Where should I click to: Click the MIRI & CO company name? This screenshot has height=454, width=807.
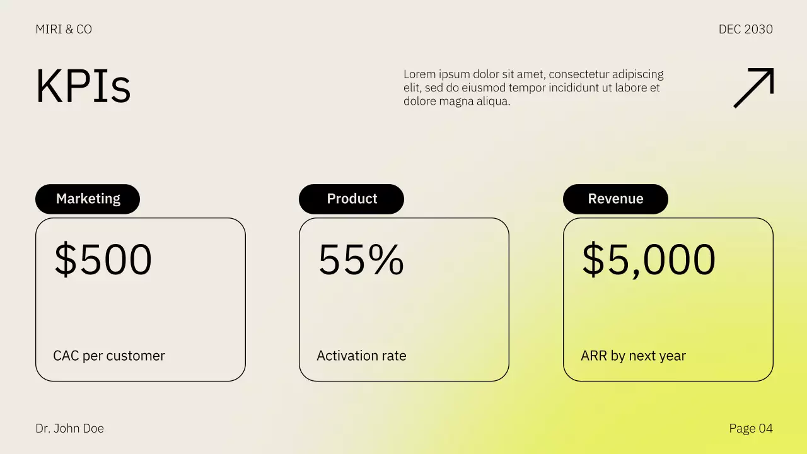point(64,29)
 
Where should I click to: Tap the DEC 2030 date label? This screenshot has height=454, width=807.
point(745,29)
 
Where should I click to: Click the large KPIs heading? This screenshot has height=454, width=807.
point(83,86)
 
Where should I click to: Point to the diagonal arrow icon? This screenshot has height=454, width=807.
point(753,88)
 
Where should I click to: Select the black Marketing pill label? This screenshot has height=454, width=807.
point(88,199)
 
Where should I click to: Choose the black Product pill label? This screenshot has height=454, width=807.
point(351,199)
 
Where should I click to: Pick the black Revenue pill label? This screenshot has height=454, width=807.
point(615,199)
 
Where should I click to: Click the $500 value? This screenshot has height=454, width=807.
point(103,259)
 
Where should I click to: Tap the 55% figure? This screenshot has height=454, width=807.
point(361,259)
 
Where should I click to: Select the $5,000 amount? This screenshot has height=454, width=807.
point(648,259)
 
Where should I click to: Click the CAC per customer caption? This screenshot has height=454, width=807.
point(109,356)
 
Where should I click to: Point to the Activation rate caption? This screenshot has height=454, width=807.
point(361,356)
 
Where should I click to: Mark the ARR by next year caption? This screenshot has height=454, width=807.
point(633,356)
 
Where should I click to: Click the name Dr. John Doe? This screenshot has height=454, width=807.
point(69,429)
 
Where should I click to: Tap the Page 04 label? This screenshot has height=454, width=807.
point(750,429)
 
